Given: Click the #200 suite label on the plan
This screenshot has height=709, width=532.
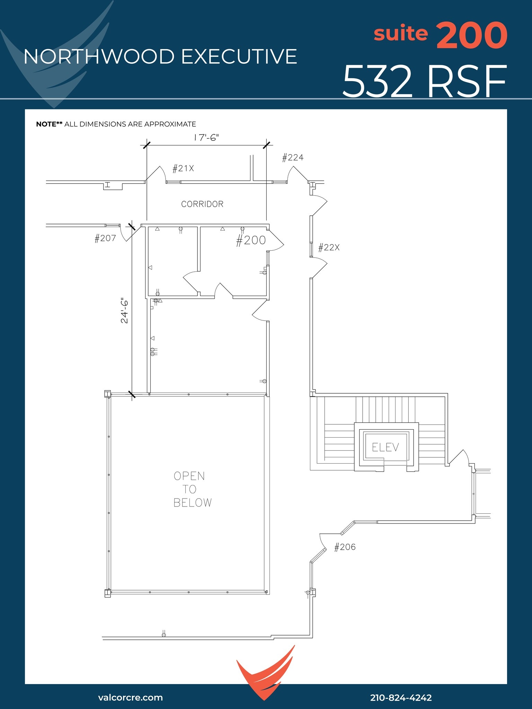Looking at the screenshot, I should click(x=251, y=240).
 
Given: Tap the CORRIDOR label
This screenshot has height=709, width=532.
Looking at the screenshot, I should click(x=202, y=204).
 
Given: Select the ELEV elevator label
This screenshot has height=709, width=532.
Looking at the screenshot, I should click(x=385, y=447).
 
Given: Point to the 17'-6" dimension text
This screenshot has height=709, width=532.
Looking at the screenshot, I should click(x=206, y=138).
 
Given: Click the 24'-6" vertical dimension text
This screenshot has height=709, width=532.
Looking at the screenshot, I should click(x=124, y=311).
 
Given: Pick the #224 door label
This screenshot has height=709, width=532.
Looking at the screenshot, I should click(x=293, y=158).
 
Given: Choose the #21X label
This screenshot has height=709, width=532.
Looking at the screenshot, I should click(x=183, y=169).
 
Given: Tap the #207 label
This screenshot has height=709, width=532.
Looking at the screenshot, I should click(x=105, y=238).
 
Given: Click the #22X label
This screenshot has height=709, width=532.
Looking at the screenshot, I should click(x=329, y=248).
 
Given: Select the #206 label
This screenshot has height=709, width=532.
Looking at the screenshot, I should click(x=345, y=547).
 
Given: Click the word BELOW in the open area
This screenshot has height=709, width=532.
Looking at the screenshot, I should click(x=193, y=503).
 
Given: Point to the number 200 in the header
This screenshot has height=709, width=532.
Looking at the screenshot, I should click(x=472, y=36).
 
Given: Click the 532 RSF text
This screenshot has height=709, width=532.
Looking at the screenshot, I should click(x=424, y=82).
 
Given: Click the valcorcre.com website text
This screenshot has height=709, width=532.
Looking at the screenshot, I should click(x=130, y=697).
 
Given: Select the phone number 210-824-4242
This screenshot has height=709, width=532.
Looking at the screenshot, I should click(x=401, y=698).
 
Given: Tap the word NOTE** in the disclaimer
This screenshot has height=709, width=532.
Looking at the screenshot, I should click(x=49, y=124).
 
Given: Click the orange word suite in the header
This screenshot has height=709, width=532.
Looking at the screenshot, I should click(x=401, y=34).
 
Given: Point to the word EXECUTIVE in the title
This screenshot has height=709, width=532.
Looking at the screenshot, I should click(x=239, y=56).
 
